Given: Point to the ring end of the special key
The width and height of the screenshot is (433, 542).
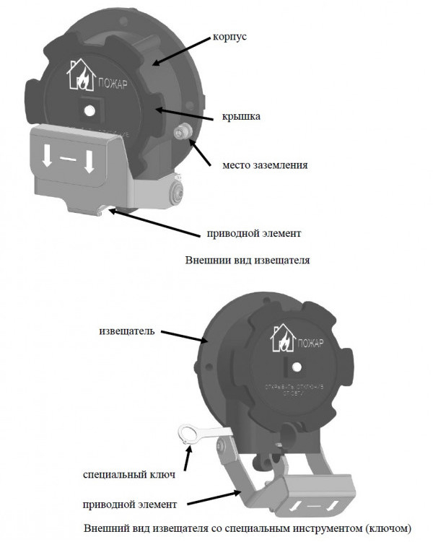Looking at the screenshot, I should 189,434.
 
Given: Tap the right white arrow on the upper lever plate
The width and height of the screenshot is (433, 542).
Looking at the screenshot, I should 89,161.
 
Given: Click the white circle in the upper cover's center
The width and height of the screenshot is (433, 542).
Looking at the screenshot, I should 88,110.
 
